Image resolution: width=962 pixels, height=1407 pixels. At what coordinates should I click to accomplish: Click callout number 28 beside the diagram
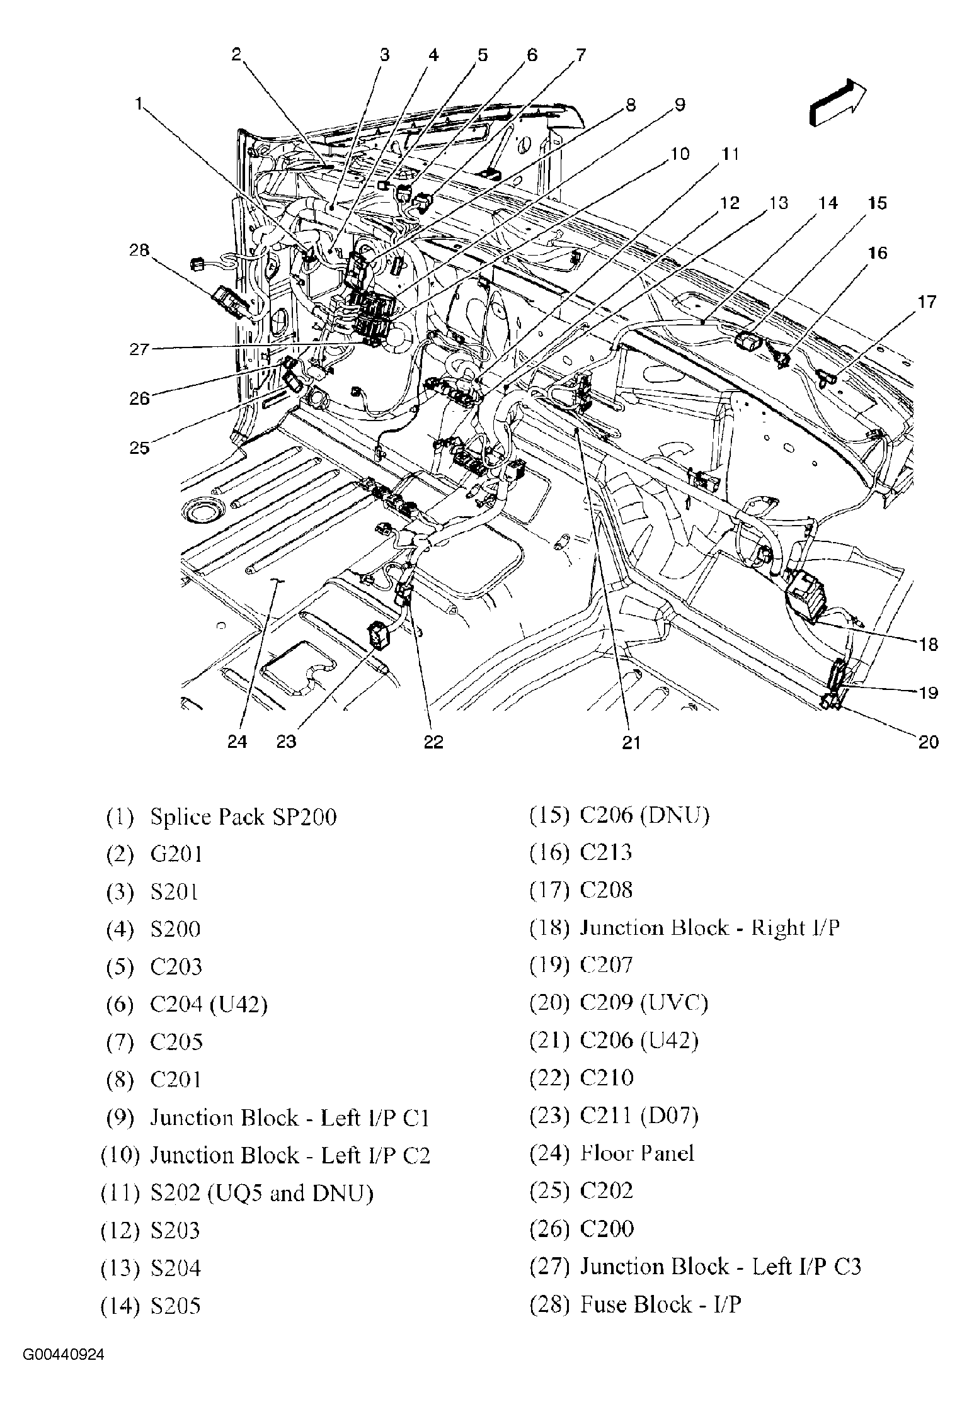[139, 250]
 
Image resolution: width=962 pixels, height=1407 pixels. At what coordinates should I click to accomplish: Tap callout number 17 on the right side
[927, 302]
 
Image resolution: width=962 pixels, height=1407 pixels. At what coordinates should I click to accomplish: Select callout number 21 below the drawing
[631, 743]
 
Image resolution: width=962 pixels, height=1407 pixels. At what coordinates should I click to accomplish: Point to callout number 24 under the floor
[237, 742]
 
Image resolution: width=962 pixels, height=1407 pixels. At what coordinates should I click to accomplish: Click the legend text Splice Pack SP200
[243, 817]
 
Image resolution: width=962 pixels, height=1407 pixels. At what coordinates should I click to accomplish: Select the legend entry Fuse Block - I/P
[660, 1304]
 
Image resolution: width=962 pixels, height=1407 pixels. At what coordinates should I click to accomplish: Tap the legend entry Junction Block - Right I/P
[709, 928]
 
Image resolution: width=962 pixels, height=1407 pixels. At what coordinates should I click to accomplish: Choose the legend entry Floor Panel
[636, 1153]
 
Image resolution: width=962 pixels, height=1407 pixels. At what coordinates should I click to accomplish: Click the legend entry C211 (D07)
[638, 1116]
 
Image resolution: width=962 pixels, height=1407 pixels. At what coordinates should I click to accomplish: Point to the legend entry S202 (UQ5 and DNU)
[261, 1192]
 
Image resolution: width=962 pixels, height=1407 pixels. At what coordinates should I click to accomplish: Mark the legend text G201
[176, 854]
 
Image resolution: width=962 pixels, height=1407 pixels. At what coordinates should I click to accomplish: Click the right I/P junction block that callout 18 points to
[808, 594]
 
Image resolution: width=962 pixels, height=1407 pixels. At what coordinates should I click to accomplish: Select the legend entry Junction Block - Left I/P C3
[719, 1267]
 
